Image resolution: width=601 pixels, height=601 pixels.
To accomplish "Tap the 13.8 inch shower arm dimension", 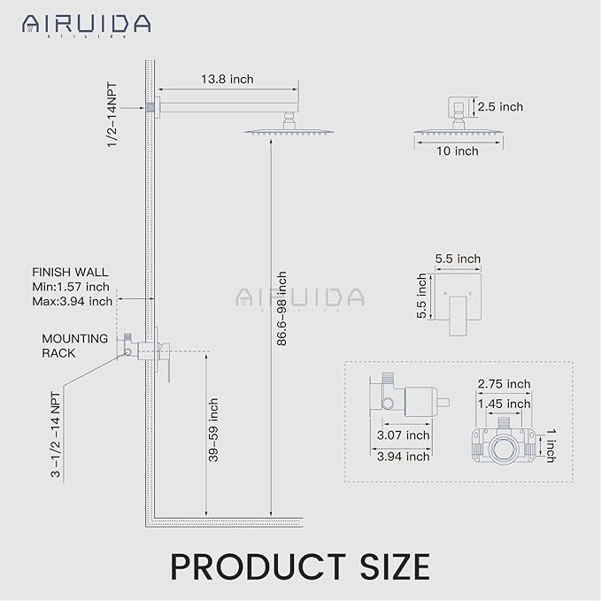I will click(x=228, y=80).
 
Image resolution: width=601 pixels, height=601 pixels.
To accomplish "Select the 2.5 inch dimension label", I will click(x=499, y=107).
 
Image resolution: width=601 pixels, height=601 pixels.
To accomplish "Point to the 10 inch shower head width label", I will click(x=457, y=151).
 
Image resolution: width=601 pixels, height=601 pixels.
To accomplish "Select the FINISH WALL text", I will click(x=70, y=273).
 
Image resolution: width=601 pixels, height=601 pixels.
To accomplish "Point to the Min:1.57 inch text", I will click(x=70, y=287).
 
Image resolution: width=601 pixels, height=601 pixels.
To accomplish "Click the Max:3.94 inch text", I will click(x=72, y=301).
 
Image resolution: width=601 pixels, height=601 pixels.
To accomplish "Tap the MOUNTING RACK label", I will click(x=74, y=345).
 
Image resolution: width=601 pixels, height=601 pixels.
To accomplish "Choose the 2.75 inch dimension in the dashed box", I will click(x=504, y=384).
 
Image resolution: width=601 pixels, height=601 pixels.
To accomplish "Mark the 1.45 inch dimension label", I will click(x=504, y=404).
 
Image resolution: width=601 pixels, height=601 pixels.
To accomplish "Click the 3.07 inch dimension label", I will click(x=402, y=435).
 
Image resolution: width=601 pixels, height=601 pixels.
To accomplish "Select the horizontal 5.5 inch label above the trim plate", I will click(x=458, y=258).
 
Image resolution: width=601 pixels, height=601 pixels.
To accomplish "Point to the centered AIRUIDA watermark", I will click(x=300, y=297).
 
